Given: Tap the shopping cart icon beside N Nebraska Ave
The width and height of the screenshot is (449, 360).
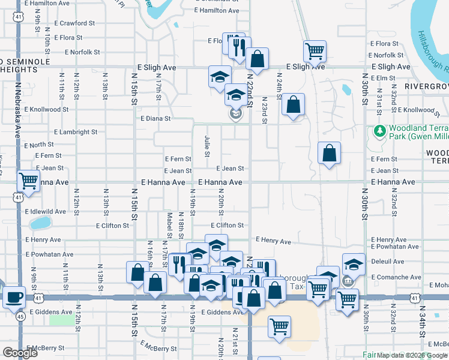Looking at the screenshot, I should click(28, 180).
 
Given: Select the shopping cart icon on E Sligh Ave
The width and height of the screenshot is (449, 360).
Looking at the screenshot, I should click(315, 51).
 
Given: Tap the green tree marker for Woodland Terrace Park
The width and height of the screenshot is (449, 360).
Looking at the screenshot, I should click(379, 130).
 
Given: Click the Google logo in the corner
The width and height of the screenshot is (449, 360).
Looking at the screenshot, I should click(20, 353).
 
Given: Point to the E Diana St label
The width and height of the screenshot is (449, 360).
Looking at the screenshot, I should click(156, 119).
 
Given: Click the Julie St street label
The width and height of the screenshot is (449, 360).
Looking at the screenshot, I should click(207, 146).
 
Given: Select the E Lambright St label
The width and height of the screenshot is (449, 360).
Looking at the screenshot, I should click(76, 132).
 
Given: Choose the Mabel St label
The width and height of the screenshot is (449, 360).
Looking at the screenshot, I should click(170, 224).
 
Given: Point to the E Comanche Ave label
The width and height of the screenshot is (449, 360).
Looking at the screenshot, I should click(396, 277).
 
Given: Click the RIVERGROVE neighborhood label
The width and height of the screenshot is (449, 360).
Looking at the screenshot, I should click(426, 86).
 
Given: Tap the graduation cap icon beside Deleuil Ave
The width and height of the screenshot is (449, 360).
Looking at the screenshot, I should click(354, 263).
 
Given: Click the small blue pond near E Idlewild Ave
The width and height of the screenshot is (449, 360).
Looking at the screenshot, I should click(40, 223).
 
